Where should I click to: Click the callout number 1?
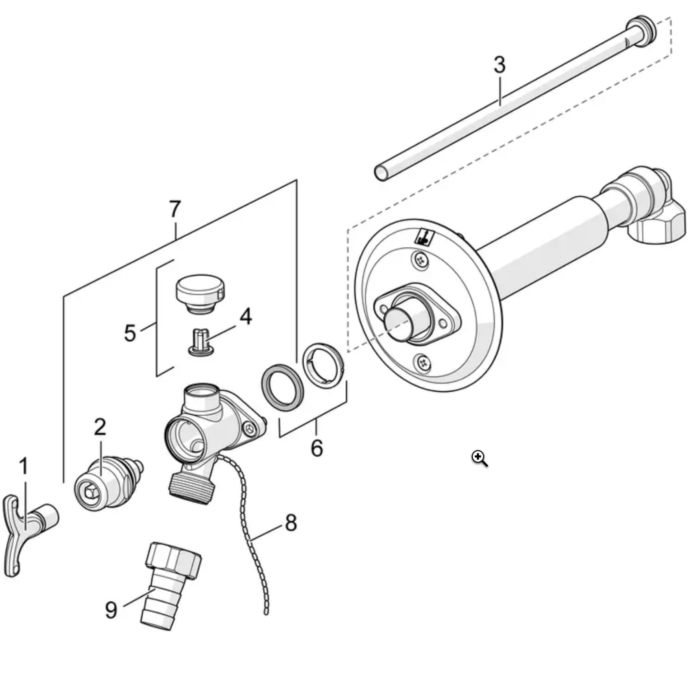tap(24, 466)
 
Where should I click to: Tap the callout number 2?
tap(100, 427)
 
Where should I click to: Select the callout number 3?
tap(499, 65)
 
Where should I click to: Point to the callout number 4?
tap(245, 317)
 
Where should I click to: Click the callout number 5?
tap(130, 333)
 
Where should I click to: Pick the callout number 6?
tap(317, 448)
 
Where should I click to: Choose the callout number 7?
tap(174, 209)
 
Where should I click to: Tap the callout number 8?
tap(291, 523)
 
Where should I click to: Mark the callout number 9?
tap(111, 610)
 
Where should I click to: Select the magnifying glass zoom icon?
tap(479, 458)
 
